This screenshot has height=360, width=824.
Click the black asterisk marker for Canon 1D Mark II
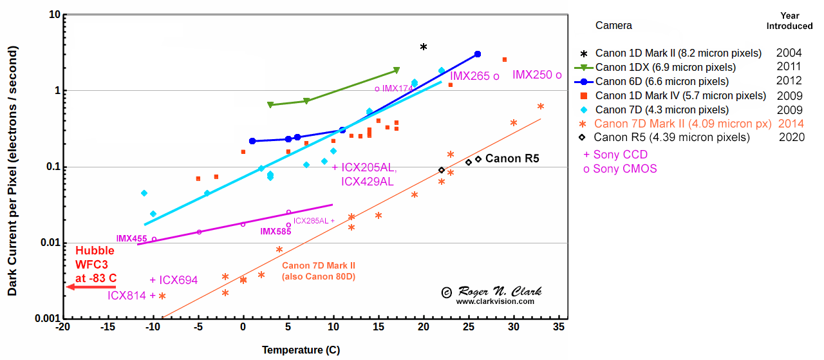424,47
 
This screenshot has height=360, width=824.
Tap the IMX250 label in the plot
532,75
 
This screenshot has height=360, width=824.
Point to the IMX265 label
469,76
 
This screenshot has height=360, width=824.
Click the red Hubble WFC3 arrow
91,287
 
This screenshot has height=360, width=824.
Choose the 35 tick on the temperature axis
559,327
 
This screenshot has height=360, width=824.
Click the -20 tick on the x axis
62,327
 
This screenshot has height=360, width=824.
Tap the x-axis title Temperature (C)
301,350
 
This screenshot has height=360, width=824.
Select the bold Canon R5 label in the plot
512,158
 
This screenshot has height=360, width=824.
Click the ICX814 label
127,296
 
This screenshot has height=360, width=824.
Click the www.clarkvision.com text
495,301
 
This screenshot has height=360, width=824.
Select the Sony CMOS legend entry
620,169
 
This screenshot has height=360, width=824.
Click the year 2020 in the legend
791,137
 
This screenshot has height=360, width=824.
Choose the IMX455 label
131,239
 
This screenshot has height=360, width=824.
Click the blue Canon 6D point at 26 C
477,54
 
